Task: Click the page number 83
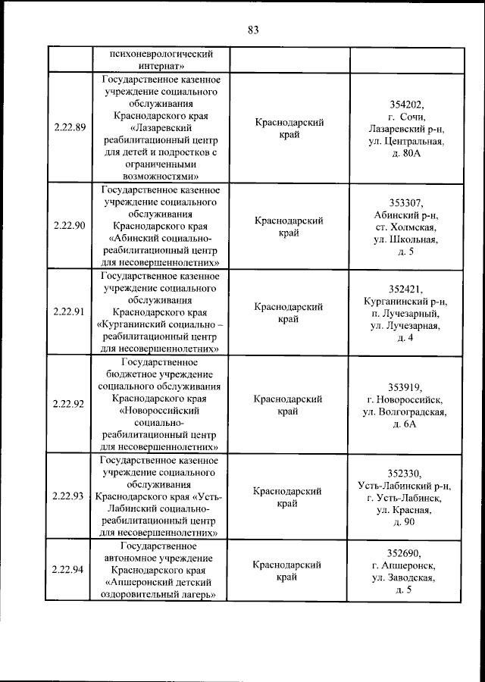(253, 30)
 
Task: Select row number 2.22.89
(68, 128)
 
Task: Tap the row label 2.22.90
(68, 226)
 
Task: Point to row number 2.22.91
(68, 312)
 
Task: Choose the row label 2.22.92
(68, 404)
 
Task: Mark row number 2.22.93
(68, 496)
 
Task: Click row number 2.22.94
(68, 571)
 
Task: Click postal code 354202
(406, 105)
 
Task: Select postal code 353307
(406, 202)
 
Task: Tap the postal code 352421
(406, 289)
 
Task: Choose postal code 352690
(406, 553)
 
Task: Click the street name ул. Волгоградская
(406, 411)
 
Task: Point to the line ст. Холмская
(406, 227)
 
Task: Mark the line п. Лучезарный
(406, 313)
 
